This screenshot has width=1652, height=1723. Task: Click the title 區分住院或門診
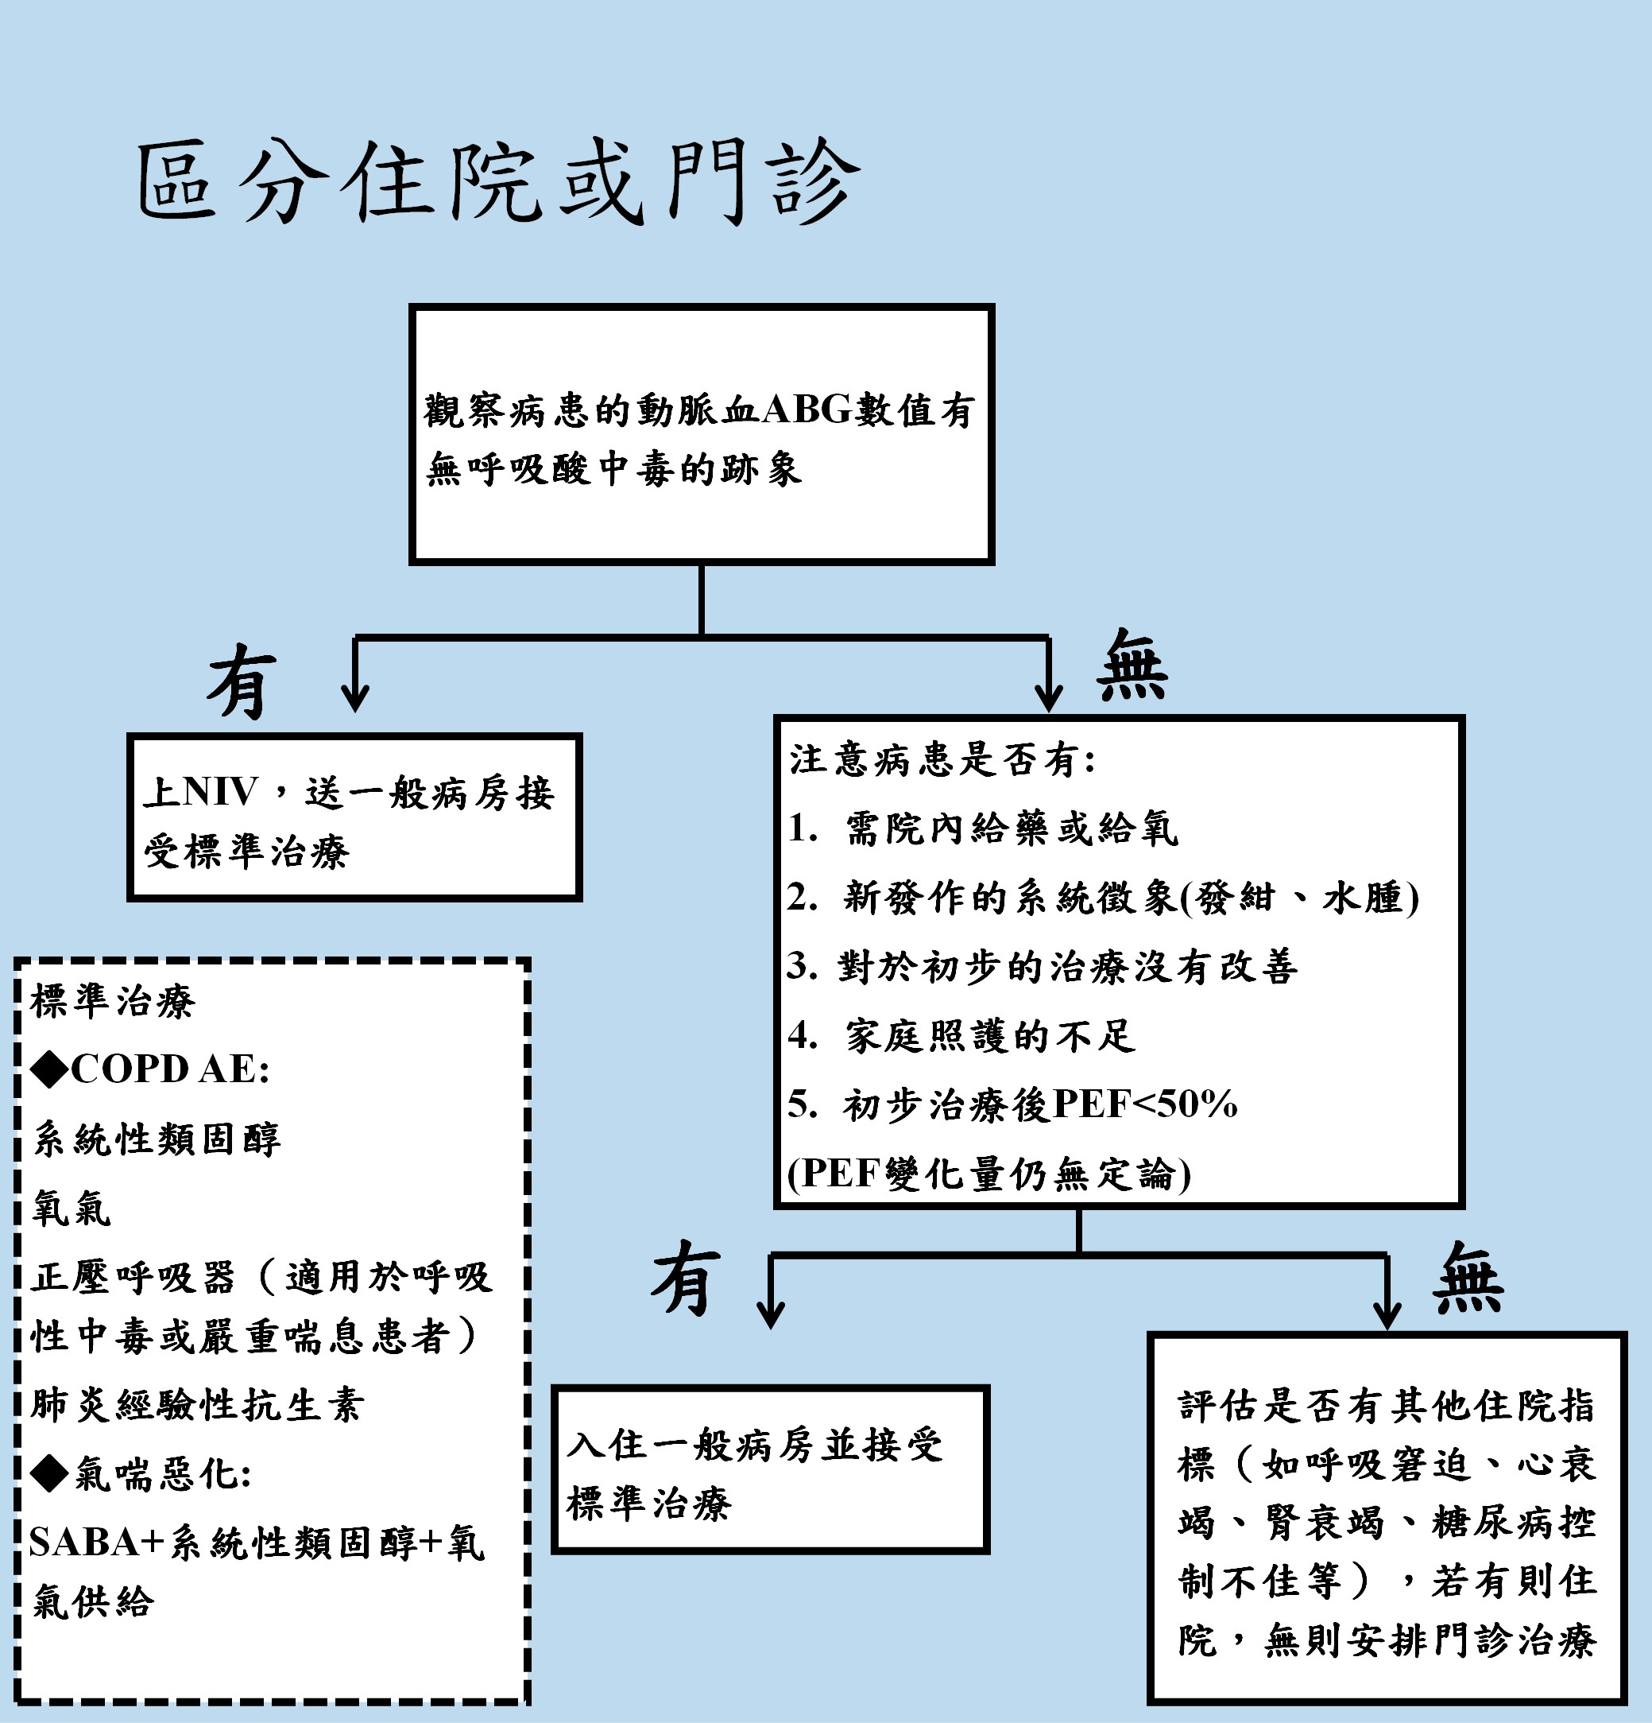497,181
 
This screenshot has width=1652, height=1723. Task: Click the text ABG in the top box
807,409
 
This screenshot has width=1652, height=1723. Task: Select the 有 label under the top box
241,682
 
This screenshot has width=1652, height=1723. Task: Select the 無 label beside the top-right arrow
1132,666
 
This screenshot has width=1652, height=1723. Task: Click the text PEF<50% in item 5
1144,1104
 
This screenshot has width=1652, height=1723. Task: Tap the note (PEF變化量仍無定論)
988,1174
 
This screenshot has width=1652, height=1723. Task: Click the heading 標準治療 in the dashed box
113,1000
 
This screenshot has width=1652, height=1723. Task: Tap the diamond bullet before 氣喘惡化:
49,1473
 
